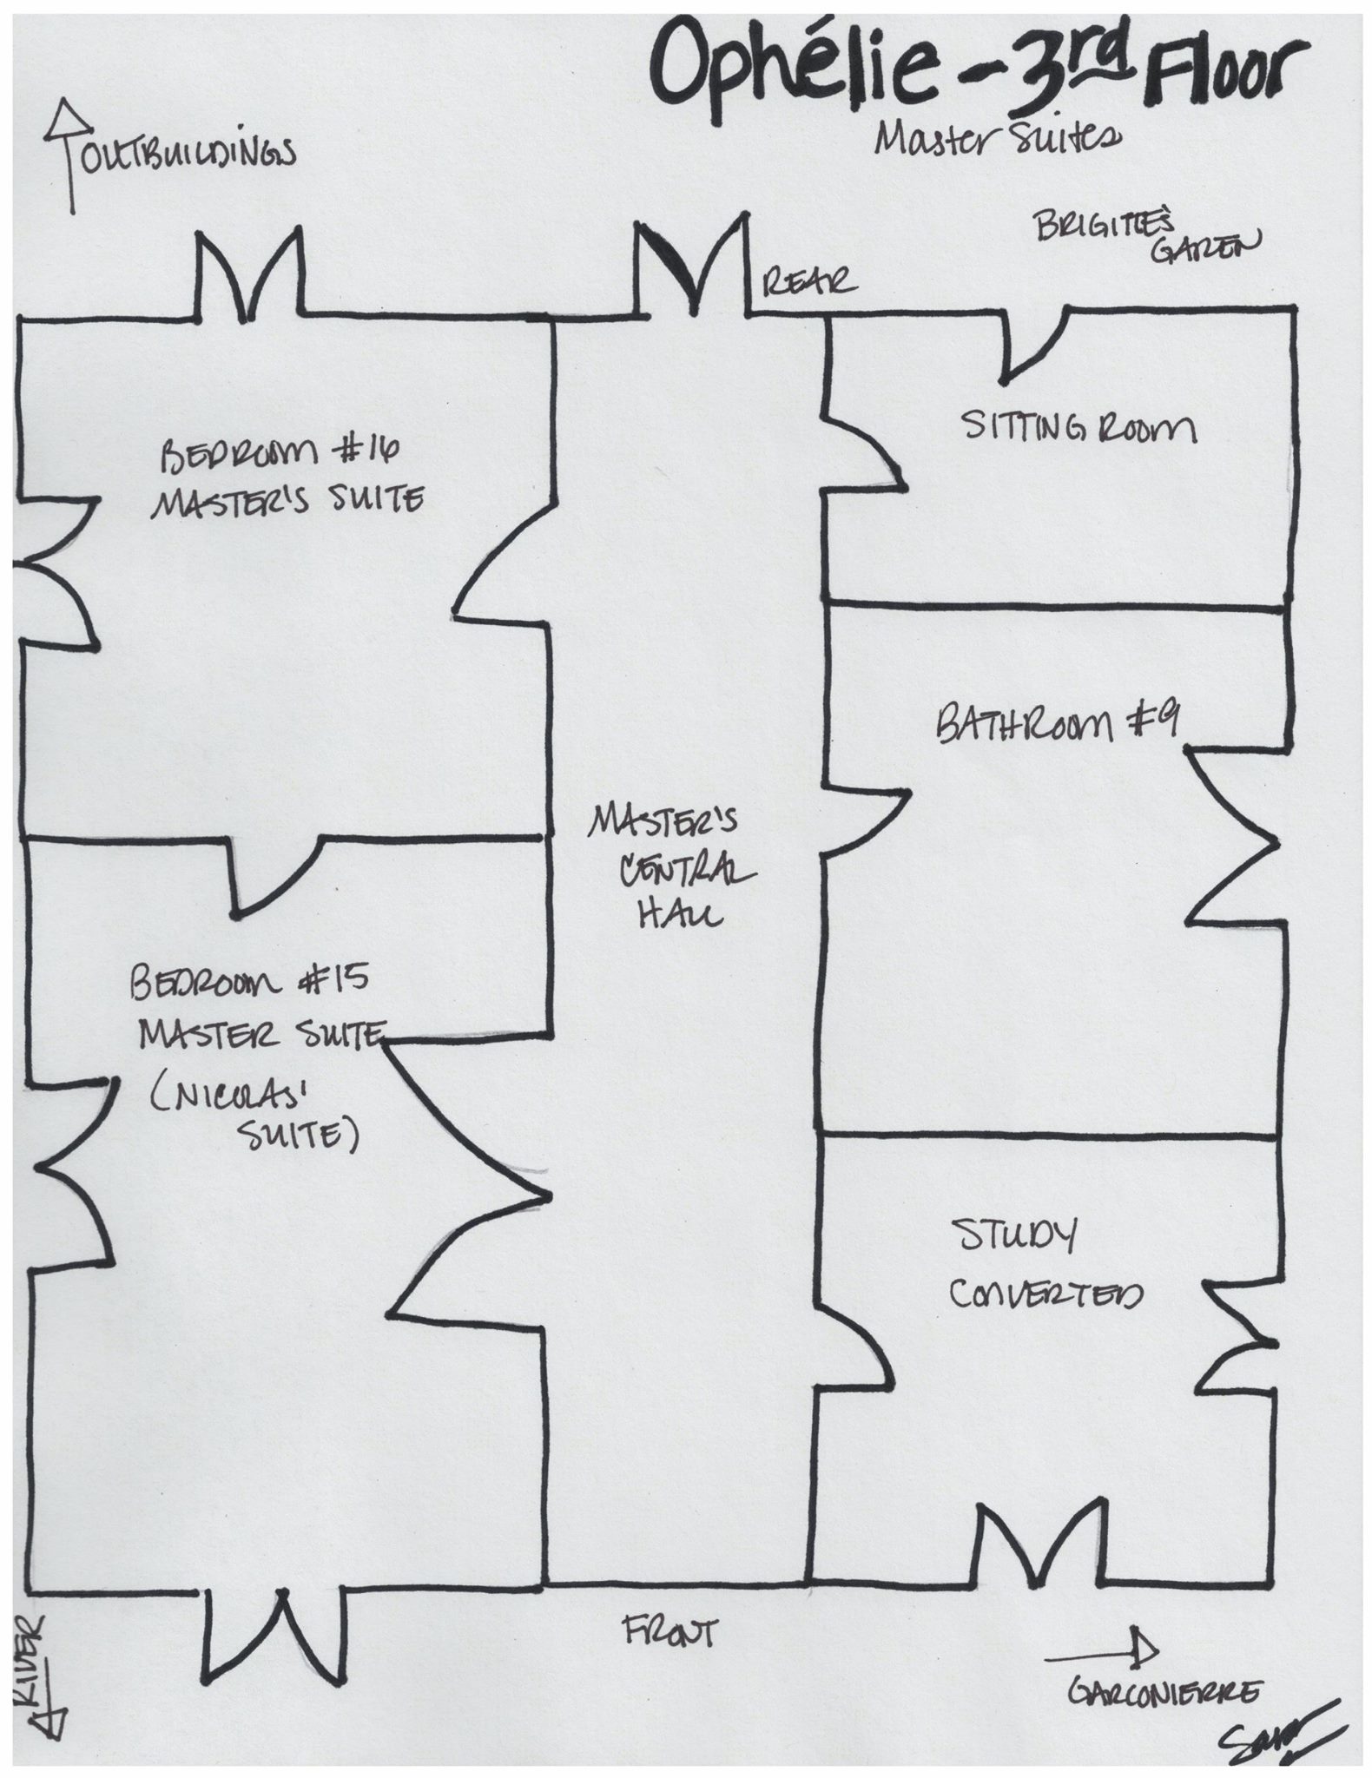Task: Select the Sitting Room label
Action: point(1079,429)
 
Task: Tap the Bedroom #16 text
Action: point(278,455)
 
